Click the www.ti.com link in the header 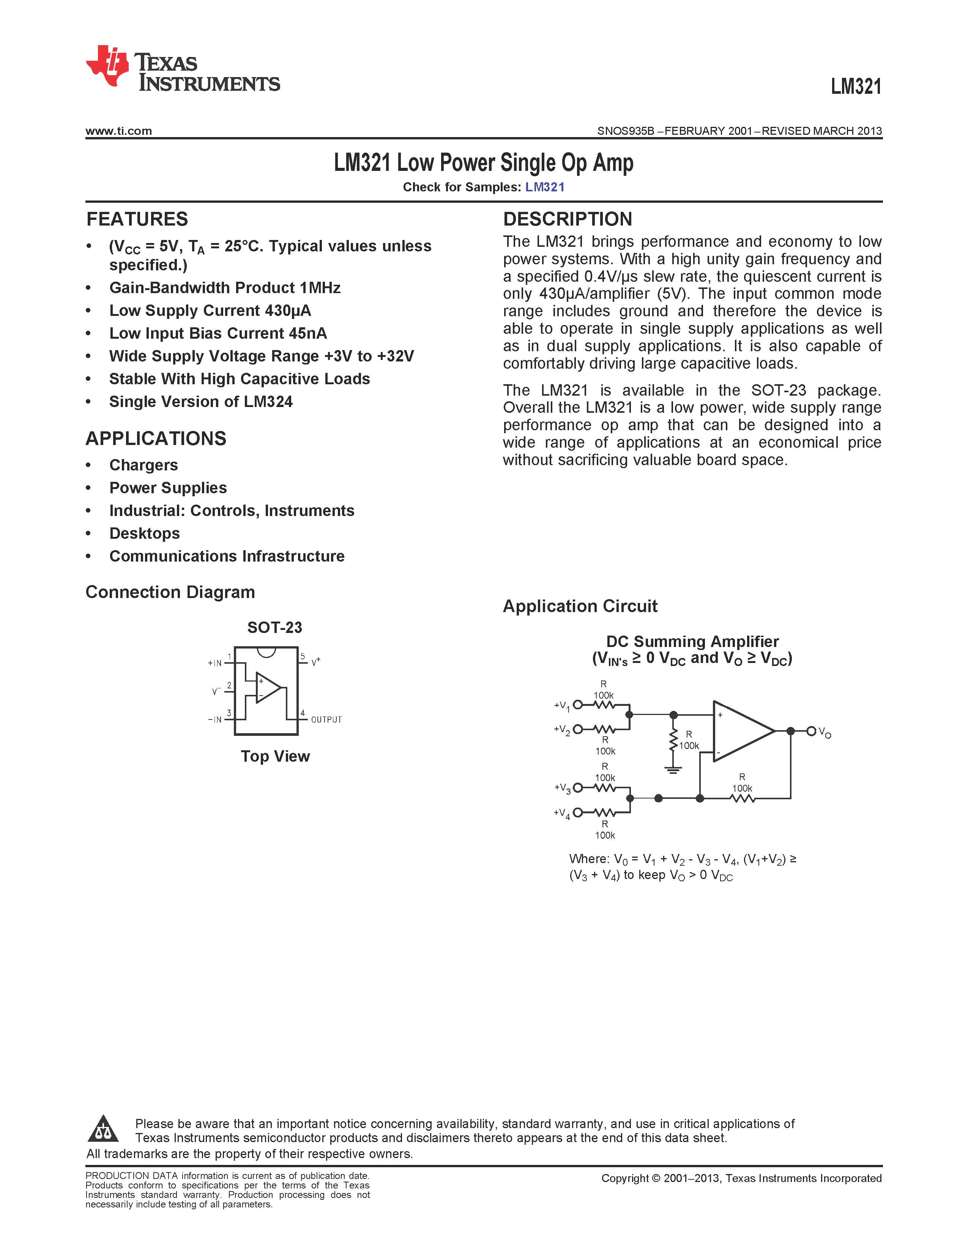coord(119,131)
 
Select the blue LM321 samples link coord(545,187)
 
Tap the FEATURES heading coord(137,219)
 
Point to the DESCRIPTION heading coord(567,219)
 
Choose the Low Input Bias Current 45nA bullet coord(218,333)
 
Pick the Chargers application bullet coord(143,465)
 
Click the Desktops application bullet coord(145,533)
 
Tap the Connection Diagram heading coord(170,592)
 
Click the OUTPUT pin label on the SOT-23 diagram coord(326,720)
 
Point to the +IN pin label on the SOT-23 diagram coord(214,663)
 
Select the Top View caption coord(275,756)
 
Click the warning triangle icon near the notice coord(103,1129)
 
